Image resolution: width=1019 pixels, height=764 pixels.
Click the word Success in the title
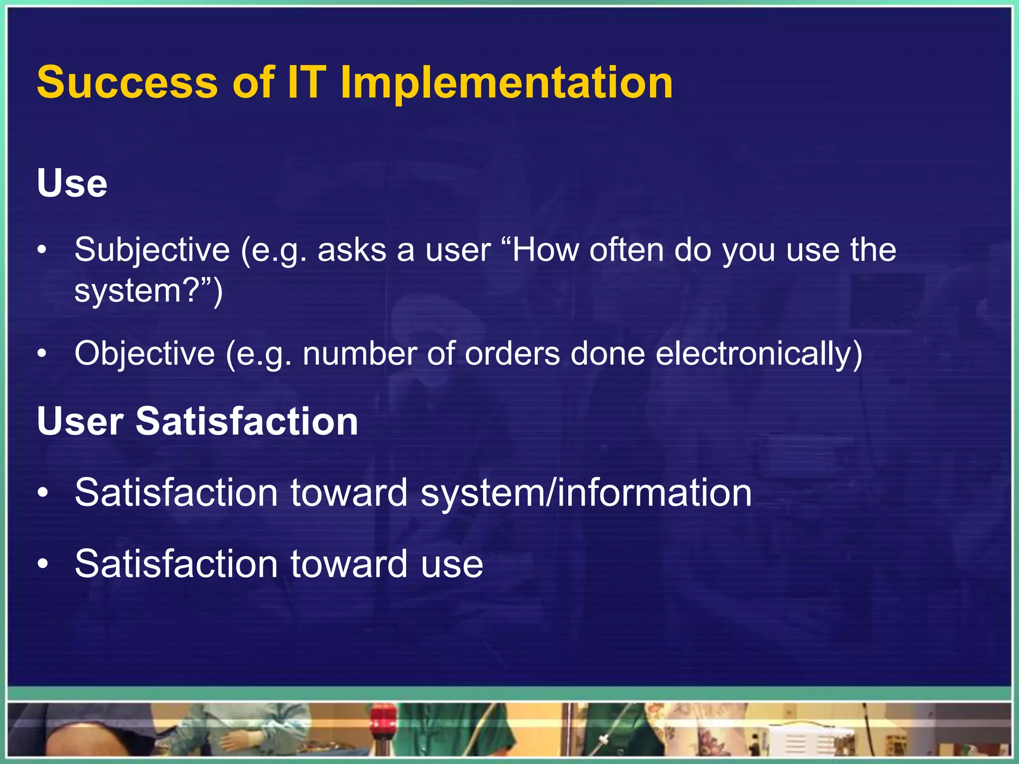point(127,83)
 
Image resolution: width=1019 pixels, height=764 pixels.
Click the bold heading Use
point(72,184)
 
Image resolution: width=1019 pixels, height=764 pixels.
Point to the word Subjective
point(152,250)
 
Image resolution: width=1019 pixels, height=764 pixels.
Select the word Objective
point(145,354)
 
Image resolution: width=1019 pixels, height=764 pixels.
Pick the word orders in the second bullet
point(512,354)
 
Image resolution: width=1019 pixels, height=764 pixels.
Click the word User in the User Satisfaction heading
point(80,422)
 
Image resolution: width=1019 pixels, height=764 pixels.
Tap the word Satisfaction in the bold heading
point(247,422)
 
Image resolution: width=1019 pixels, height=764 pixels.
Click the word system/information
point(586,493)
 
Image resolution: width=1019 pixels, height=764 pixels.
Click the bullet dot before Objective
point(43,354)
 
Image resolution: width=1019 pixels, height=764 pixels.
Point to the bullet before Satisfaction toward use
point(43,564)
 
